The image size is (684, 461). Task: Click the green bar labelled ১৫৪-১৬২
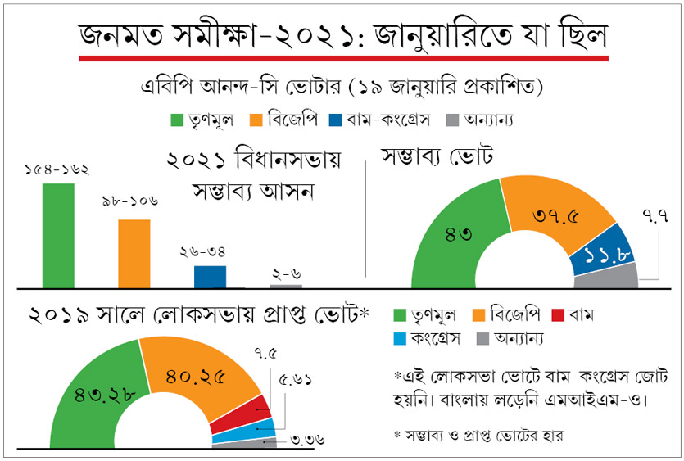58,234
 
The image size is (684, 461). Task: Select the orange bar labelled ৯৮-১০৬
134,253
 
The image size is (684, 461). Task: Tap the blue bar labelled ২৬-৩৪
210,276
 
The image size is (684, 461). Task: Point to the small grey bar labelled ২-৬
286,286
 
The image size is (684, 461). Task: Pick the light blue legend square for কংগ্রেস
401,337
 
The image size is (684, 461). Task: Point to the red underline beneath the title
342,58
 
